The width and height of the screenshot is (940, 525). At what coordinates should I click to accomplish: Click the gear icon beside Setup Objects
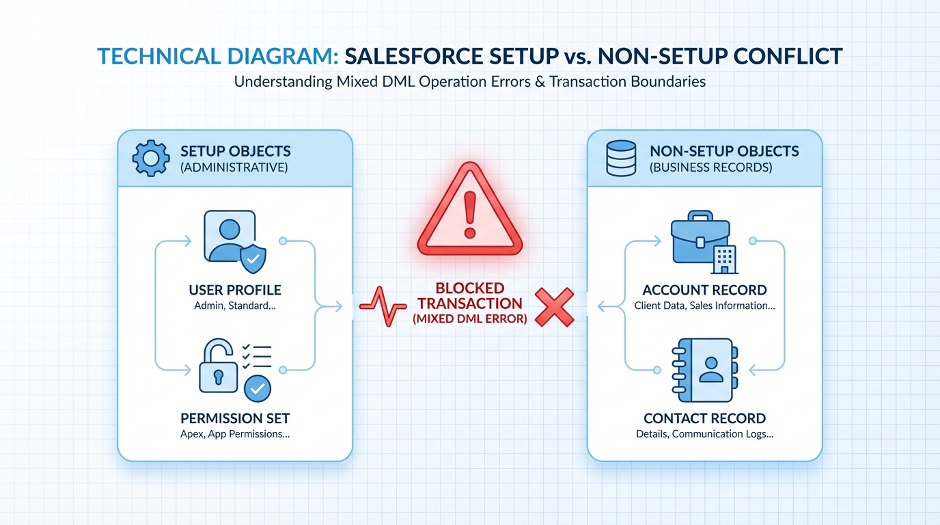coord(150,159)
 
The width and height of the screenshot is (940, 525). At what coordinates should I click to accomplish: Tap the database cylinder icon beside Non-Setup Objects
coord(620,159)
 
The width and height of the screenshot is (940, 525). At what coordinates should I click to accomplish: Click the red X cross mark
coord(554,306)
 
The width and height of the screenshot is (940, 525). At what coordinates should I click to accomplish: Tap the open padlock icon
coord(219,368)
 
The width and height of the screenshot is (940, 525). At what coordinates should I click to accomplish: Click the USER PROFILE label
coord(235,291)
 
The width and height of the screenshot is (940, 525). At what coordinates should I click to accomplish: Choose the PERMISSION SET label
coord(235,418)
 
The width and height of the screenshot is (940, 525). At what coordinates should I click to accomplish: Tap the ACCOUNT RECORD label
coord(704,291)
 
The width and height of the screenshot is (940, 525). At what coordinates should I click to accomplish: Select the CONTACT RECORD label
coord(704,418)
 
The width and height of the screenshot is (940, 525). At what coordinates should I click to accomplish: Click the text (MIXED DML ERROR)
coord(470,318)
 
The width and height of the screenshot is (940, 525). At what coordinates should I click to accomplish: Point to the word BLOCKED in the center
coord(470,288)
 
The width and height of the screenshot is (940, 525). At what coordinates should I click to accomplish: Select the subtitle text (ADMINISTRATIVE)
coord(234,167)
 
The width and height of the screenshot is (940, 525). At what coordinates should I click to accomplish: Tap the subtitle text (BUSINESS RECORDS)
coord(710,167)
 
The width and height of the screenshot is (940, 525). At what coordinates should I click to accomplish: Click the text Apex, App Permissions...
coord(235,434)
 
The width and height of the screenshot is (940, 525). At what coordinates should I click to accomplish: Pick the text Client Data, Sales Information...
coord(704,306)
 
